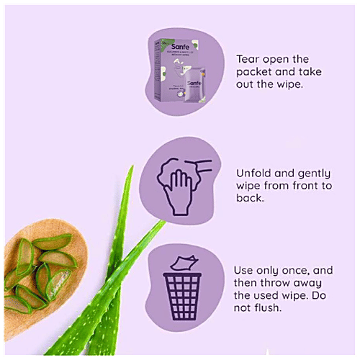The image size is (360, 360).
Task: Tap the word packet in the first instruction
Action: click(255, 71)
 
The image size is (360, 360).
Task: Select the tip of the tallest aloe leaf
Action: click(132, 168)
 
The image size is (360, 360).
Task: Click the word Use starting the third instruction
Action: click(245, 270)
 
